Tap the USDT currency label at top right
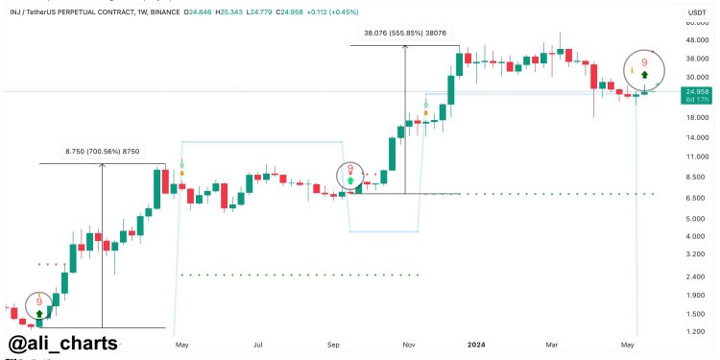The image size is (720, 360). coord(694,11)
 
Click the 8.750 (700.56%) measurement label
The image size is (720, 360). coord(102,151)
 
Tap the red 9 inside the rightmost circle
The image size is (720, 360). coord(645,59)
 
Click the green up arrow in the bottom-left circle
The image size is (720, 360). coord(39,313)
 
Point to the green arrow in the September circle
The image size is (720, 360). coord(350,180)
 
